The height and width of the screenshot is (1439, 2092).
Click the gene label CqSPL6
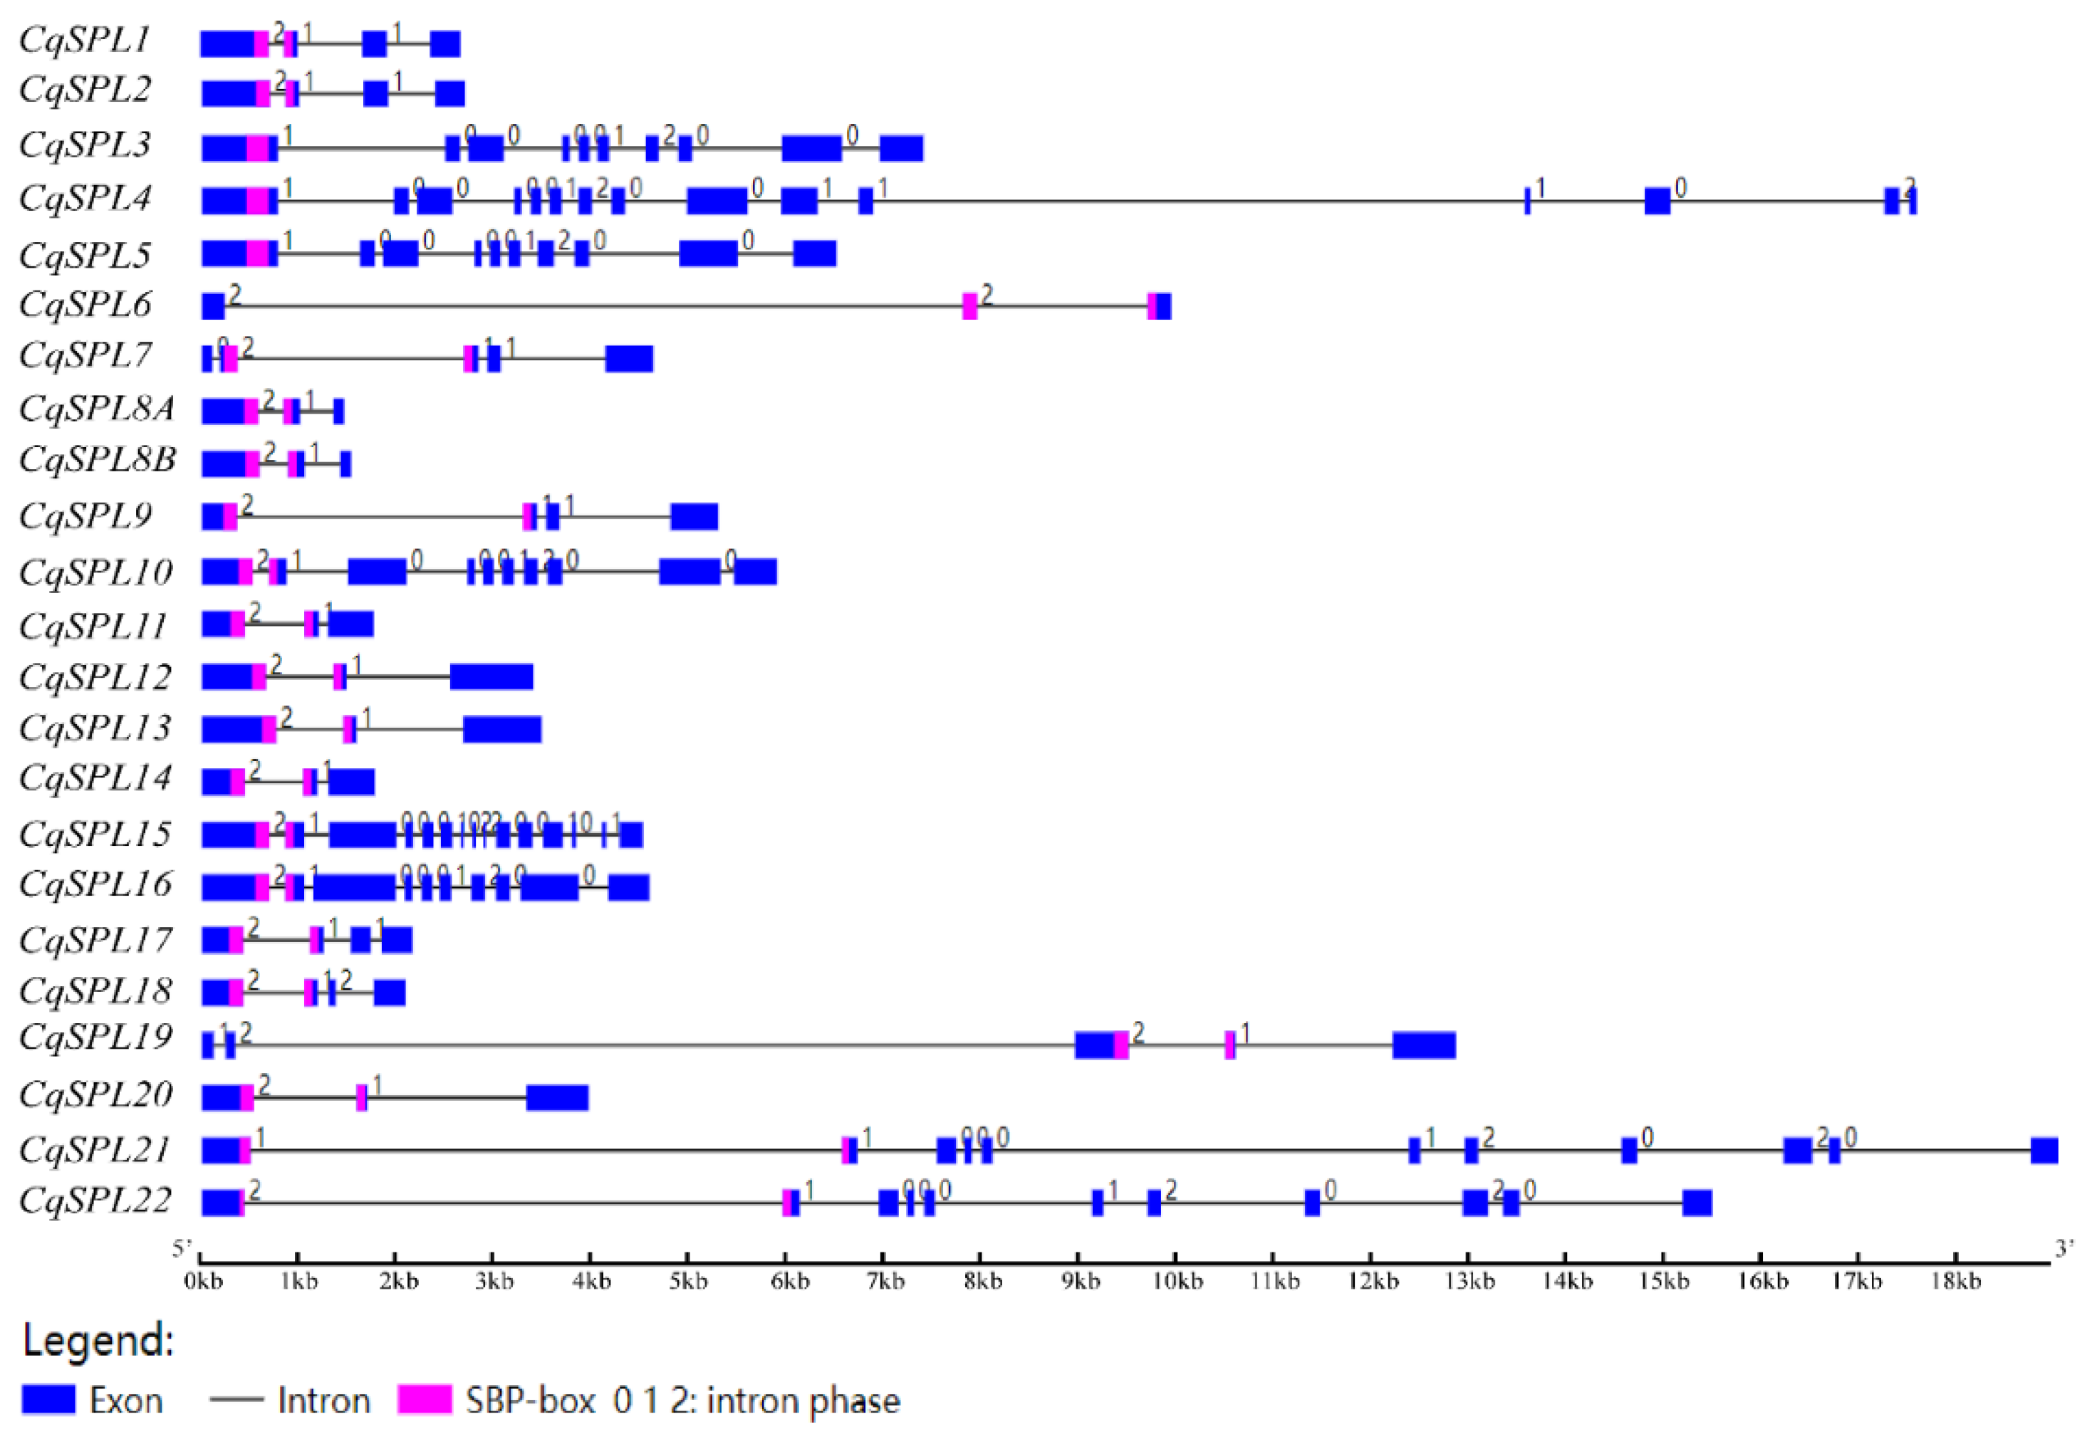[x=85, y=305]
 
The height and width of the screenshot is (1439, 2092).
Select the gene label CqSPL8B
[x=98, y=460]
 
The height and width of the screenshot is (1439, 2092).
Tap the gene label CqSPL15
[x=95, y=834]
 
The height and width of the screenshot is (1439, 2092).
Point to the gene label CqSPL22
[x=95, y=1201]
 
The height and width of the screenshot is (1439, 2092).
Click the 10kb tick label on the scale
[x=1177, y=1281]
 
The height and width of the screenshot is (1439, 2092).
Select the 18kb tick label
[x=1955, y=1281]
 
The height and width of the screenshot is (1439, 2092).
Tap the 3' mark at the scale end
[x=2063, y=1249]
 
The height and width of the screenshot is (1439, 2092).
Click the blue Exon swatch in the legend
[x=48, y=1401]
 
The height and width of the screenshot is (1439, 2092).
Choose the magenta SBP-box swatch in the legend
[x=425, y=1401]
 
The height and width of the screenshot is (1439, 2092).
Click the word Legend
[x=98, y=1341]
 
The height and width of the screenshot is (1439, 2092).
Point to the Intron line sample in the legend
[x=236, y=1401]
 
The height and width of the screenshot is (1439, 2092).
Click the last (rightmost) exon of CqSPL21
[x=2044, y=1151]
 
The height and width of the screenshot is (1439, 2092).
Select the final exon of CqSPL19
[x=1424, y=1046]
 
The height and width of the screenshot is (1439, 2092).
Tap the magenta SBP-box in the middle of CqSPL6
[x=969, y=307]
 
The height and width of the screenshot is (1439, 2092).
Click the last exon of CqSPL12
[x=491, y=676]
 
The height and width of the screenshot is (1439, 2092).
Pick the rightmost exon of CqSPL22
[x=1697, y=1203]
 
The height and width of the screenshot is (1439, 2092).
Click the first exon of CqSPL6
[x=213, y=307]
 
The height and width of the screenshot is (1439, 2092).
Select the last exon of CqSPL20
[x=557, y=1098]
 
